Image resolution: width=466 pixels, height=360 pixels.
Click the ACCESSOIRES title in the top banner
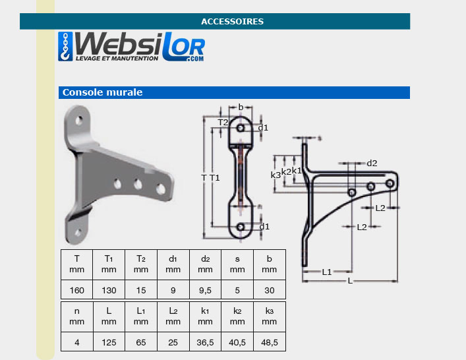pyautogui.click(x=232, y=21)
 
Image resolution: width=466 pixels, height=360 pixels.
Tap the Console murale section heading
pyautogui.click(x=103, y=92)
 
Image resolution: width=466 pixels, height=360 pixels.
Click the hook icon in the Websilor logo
pyautogui.click(x=65, y=47)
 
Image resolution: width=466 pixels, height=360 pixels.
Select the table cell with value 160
pyautogui.click(x=76, y=289)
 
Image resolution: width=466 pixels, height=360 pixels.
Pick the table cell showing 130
pyautogui.click(x=109, y=289)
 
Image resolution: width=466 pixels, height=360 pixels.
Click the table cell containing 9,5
pyautogui.click(x=205, y=289)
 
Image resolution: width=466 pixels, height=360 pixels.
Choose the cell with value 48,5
pyautogui.click(x=270, y=342)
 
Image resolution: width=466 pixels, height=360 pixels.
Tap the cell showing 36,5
pyautogui.click(x=205, y=342)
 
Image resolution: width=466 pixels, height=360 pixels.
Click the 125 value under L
pyautogui.click(x=109, y=342)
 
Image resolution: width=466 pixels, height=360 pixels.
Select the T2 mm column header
pyautogui.click(x=141, y=264)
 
